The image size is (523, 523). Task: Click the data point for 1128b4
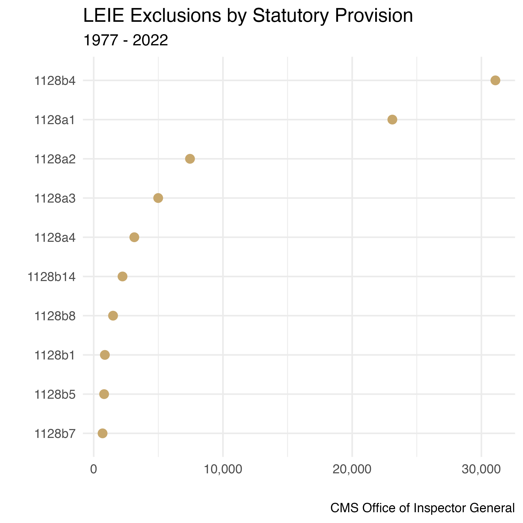(x=495, y=80)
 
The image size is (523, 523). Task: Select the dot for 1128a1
(x=392, y=119)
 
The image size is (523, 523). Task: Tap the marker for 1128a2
(x=190, y=159)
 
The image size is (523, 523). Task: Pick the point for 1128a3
(x=158, y=198)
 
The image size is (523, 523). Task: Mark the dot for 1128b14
(x=123, y=276)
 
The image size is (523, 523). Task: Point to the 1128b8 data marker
(x=113, y=316)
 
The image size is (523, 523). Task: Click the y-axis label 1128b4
(x=55, y=81)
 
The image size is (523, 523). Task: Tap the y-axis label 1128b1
(x=55, y=355)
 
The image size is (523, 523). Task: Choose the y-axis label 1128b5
(x=55, y=395)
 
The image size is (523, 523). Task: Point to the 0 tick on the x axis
(x=94, y=469)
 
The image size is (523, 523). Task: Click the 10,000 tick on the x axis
(x=223, y=469)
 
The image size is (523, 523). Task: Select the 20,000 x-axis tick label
(x=352, y=469)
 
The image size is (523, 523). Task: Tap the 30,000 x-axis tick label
(x=481, y=469)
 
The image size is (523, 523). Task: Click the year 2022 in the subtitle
(x=150, y=41)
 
